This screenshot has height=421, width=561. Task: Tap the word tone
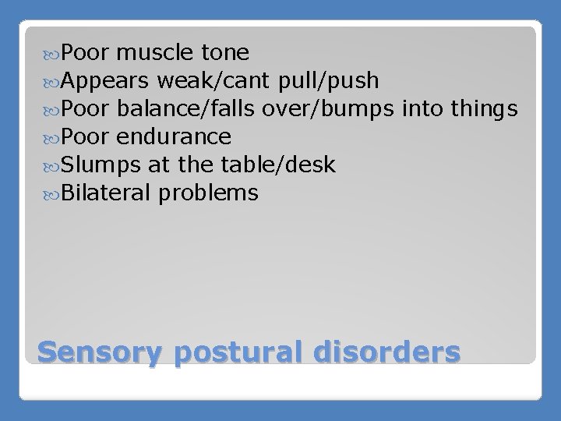[225, 53]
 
